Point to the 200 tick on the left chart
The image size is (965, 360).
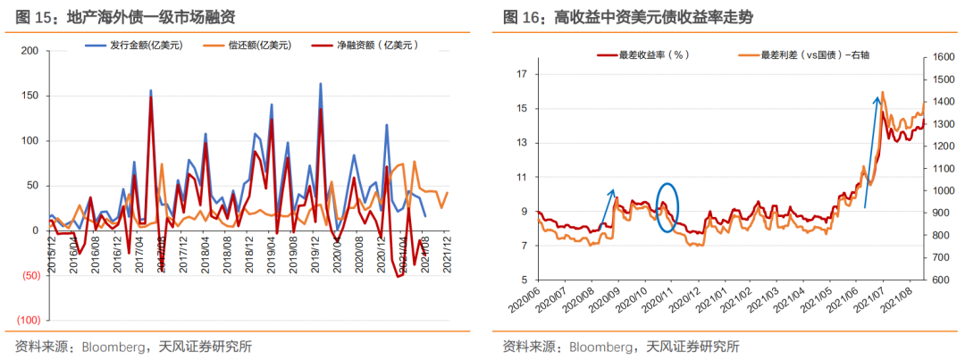tap(29, 51)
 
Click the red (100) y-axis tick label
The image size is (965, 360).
tap(28, 320)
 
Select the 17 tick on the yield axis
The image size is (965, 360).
tap(523, 75)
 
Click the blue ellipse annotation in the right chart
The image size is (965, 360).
tap(667, 207)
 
